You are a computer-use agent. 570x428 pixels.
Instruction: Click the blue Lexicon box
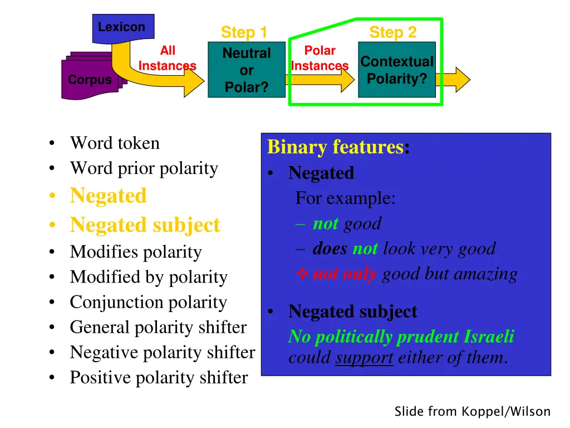121,27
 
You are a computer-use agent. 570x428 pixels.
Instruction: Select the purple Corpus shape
89,80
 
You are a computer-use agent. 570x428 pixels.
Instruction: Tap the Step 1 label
244,32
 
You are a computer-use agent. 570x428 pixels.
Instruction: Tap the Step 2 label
392,32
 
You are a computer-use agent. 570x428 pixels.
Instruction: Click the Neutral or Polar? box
246,70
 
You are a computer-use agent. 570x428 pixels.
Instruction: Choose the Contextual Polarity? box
396,70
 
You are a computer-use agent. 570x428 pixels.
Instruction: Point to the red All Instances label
167,59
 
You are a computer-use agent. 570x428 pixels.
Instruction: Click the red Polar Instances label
320,59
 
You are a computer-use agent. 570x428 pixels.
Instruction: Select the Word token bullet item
114,143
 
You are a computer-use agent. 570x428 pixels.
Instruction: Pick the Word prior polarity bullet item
144,168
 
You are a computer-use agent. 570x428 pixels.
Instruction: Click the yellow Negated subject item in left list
145,225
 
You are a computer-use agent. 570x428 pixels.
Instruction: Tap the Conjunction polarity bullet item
148,303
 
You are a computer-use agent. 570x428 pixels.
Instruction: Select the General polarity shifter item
158,328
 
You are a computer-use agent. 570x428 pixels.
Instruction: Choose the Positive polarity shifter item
159,378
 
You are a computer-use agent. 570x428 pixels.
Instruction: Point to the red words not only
345,274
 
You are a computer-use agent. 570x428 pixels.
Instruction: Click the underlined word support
364,358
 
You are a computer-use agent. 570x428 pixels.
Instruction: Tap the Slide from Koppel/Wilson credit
472,412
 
